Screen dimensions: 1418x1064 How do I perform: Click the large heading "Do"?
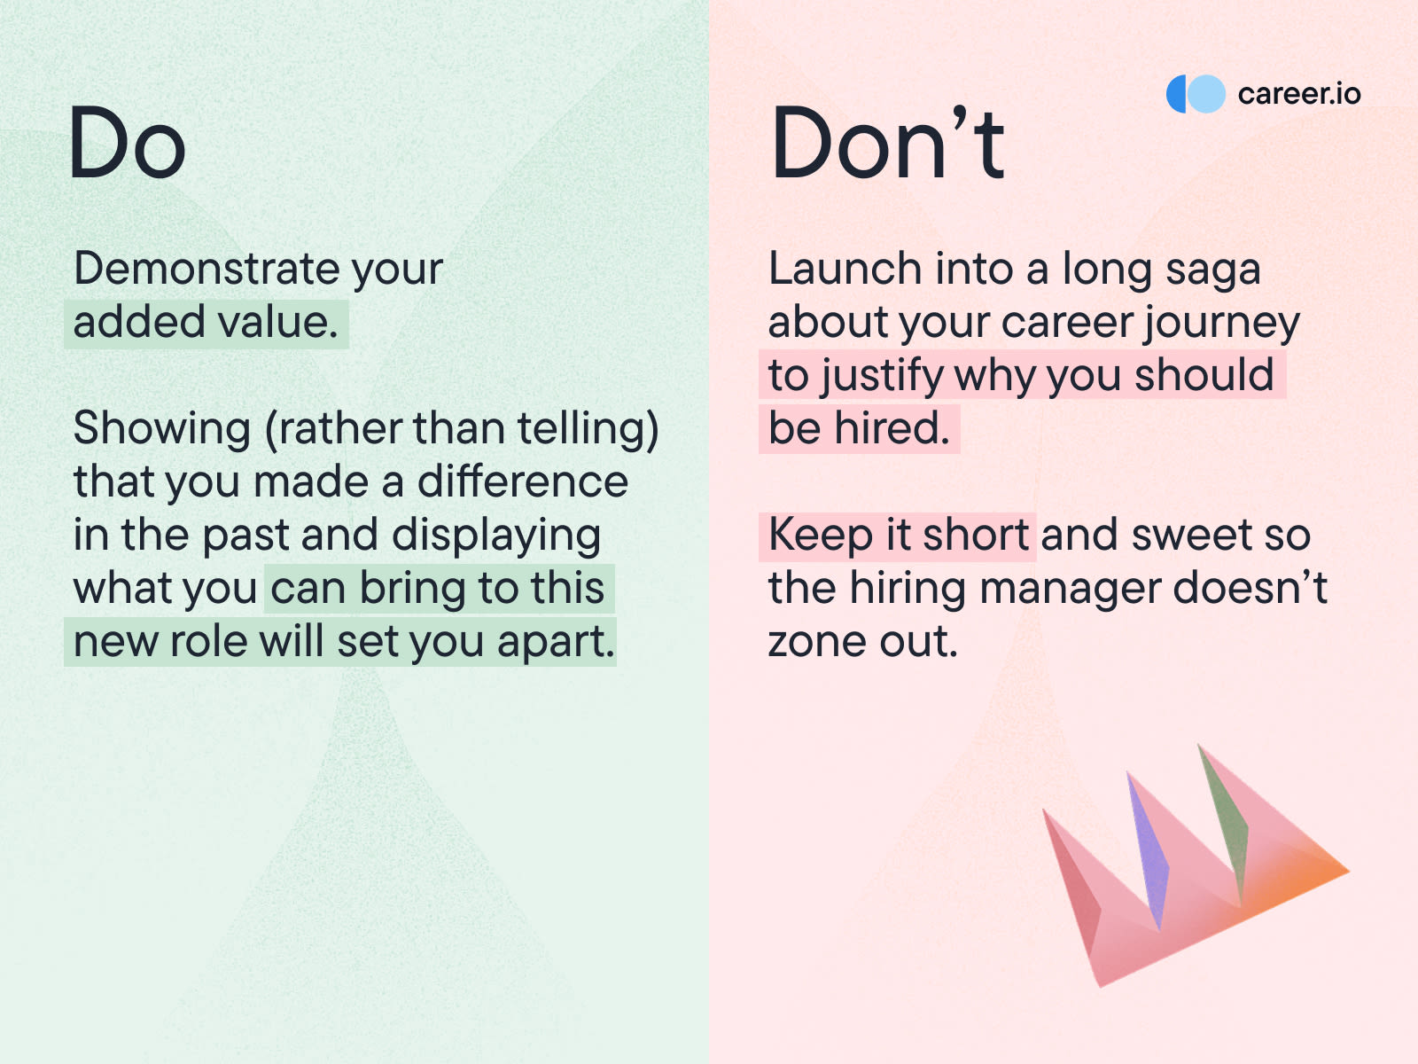tap(128, 142)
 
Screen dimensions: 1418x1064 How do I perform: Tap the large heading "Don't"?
tap(887, 142)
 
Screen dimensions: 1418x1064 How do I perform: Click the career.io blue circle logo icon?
tap(1196, 94)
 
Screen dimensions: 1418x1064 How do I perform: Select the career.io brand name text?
tap(1299, 94)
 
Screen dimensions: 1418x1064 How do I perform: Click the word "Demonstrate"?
tap(206, 268)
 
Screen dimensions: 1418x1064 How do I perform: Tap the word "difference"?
tap(523, 481)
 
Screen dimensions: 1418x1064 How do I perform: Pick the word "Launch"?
tap(845, 268)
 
